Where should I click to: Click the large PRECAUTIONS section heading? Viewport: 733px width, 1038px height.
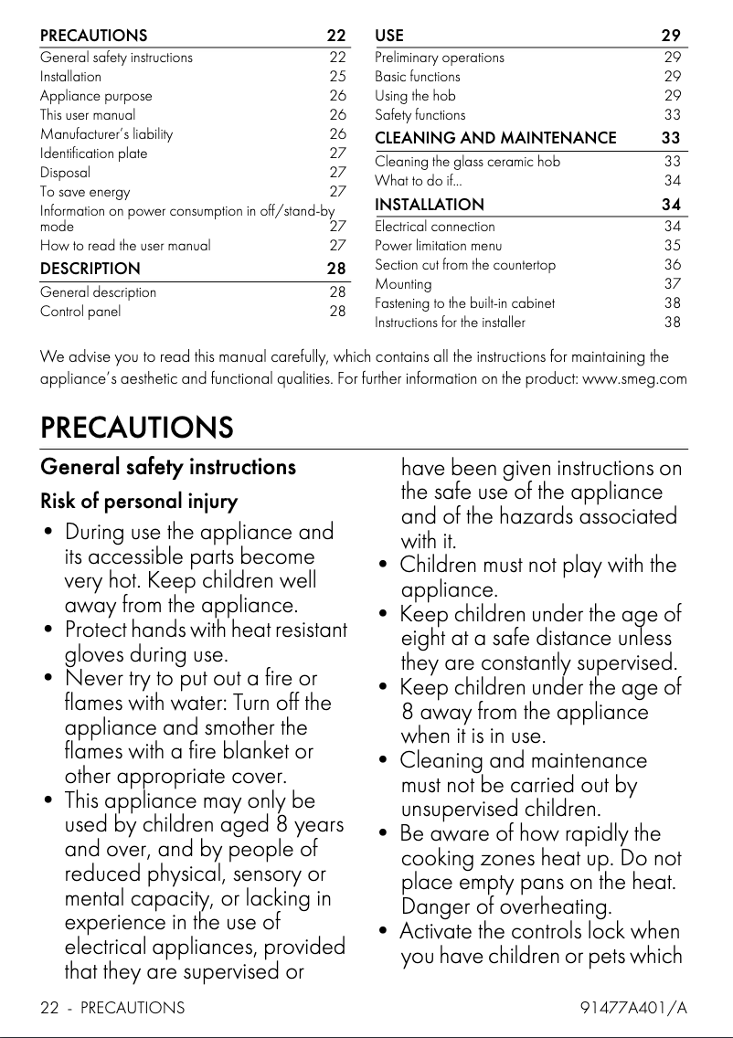[x=136, y=427]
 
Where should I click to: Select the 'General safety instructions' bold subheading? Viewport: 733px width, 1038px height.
[x=168, y=467]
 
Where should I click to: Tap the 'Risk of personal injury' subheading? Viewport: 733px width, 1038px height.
[x=139, y=502]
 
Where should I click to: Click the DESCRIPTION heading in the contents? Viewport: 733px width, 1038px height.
[x=90, y=269]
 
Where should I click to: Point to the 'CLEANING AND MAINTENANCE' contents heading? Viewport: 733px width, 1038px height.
[x=495, y=138]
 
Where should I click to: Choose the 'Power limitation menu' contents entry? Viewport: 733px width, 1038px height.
[x=438, y=245]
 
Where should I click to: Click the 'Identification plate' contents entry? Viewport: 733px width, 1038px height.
[x=93, y=153]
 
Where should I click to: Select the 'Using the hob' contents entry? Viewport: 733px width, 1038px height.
[x=415, y=95]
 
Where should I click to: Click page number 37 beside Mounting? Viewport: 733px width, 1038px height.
[x=672, y=283]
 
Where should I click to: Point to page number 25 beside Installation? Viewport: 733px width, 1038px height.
[x=337, y=76]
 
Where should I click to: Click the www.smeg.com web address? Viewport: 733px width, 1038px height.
[x=634, y=378]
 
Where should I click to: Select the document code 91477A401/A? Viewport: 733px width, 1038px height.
[x=633, y=1008]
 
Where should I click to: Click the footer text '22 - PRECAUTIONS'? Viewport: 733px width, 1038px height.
[x=112, y=1008]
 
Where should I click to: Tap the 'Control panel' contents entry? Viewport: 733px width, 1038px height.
[x=80, y=311]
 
